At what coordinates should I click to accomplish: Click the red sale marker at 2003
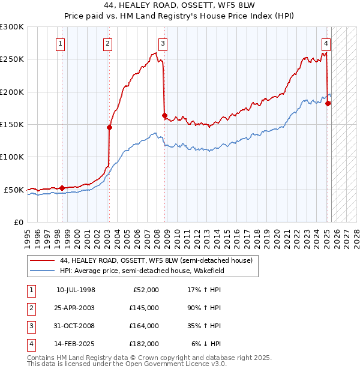click(x=110, y=127)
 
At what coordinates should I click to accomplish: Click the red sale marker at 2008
click(x=164, y=115)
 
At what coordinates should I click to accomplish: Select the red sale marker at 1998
click(x=62, y=188)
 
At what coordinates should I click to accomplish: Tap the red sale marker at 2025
click(x=328, y=103)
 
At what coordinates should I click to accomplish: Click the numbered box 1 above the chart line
click(x=61, y=43)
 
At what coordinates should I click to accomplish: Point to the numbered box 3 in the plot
click(x=163, y=43)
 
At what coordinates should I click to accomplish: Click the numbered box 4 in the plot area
click(x=326, y=43)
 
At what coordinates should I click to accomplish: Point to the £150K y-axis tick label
click(x=12, y=124)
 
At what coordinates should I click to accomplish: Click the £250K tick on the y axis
click(x=12, y=59)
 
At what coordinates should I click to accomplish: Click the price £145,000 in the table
click(x=144, y=308)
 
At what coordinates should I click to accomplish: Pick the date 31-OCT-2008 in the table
click(x=76, y=326)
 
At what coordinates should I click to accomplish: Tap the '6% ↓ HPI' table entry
click(x=206, y=344)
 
